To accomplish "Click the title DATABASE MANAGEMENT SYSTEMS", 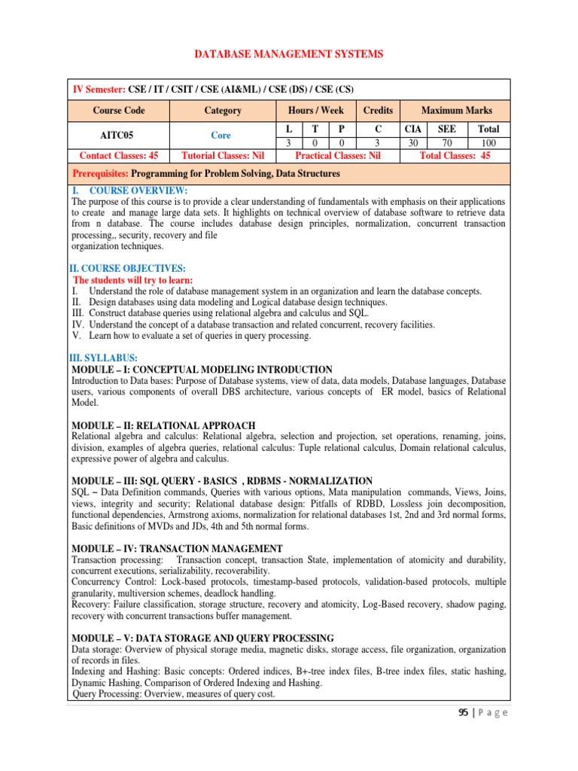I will pos(289,54).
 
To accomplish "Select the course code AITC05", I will pos(118,136).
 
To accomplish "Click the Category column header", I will pos(223,111).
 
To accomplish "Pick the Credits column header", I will pos(378,111).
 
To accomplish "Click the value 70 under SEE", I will pos(446,143).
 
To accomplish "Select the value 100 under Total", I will pos(488,143).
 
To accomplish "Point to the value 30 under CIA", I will pos(412,143).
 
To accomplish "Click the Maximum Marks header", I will pos(456,111).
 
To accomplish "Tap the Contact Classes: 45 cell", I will pos(118,156).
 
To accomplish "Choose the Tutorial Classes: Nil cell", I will pos(223,156).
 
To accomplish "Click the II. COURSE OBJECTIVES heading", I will pos(127,269).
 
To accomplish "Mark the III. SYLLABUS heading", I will pos(103,358).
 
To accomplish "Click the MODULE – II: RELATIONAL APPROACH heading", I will pos(163,425).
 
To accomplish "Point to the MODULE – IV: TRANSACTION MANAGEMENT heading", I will pos(177,549).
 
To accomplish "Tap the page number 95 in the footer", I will pos(465,713).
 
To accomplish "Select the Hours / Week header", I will pos(310,111).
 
